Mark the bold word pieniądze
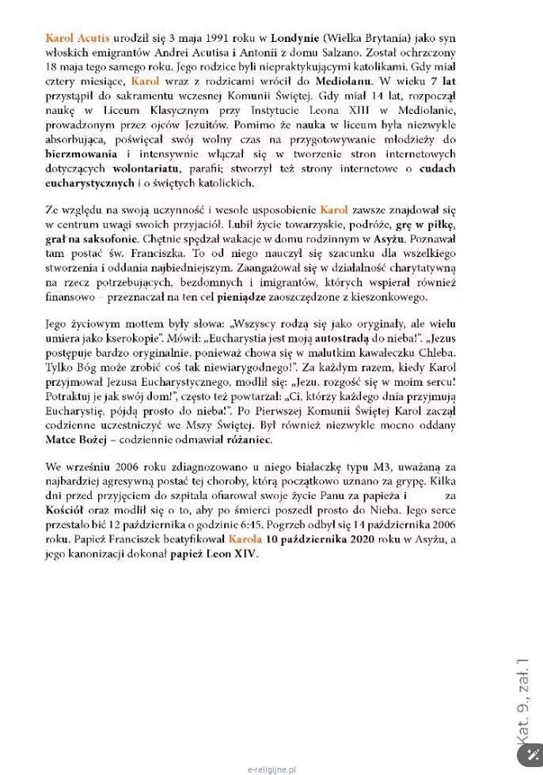click(234, 297)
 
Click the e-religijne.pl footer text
click(271, 768)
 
